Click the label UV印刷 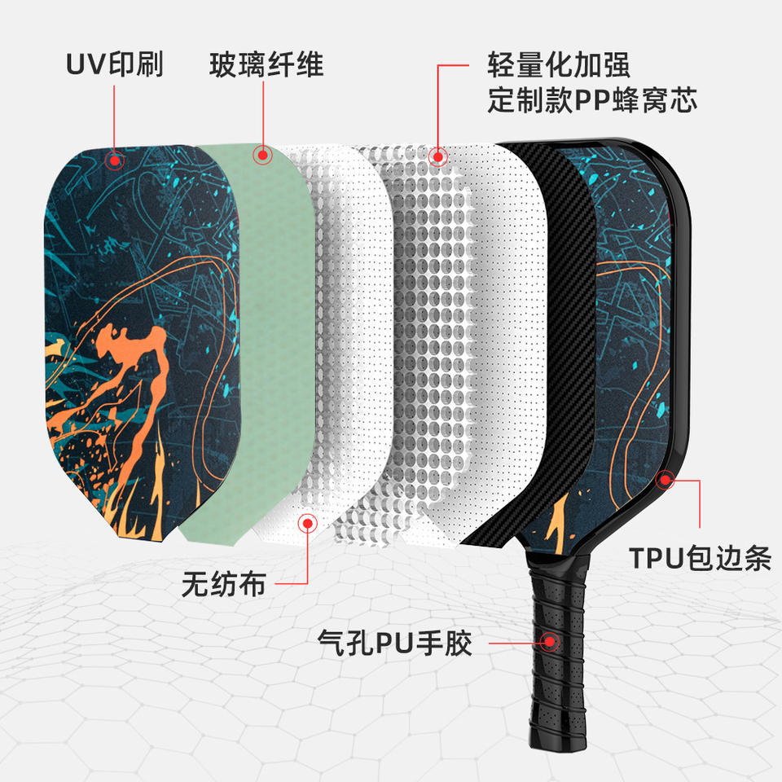click(114, 65)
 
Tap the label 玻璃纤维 click(266, 65)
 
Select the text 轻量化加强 click(559, 65)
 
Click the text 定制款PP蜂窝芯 click(592, 101)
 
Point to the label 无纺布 click(223, 583)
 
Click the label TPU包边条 click(700, 559)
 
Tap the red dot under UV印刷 click(114, 159)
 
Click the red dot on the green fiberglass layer click(262, 155)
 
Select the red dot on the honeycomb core click(438, 156)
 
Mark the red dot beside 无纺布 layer click(308, 523)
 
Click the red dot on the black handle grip click(552, 641)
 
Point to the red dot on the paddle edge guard click(667, 480)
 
